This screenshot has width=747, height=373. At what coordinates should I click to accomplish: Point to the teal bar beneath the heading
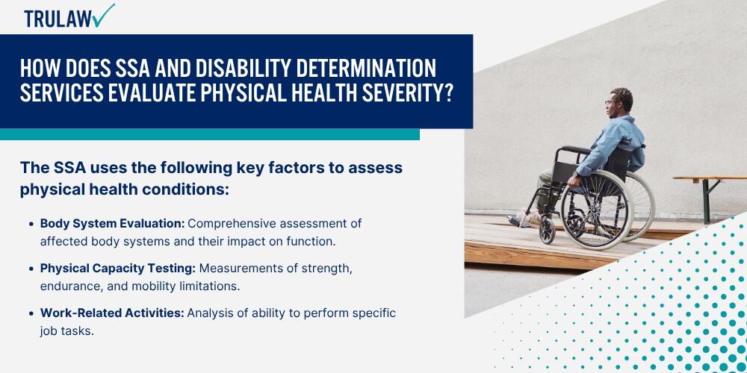pyautogui.click(x=209, y=134)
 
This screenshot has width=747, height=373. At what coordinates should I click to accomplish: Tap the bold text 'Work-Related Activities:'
pyautogui.click(x=112, y=313)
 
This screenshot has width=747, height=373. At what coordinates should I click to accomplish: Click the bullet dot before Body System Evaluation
pyautogui.click(x=31, y=224)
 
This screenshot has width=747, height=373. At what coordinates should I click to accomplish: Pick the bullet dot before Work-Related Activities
pyautogui.click(x=31, y=313)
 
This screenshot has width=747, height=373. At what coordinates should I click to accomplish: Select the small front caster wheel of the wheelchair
pyautogui.click(x=547, y=231)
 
